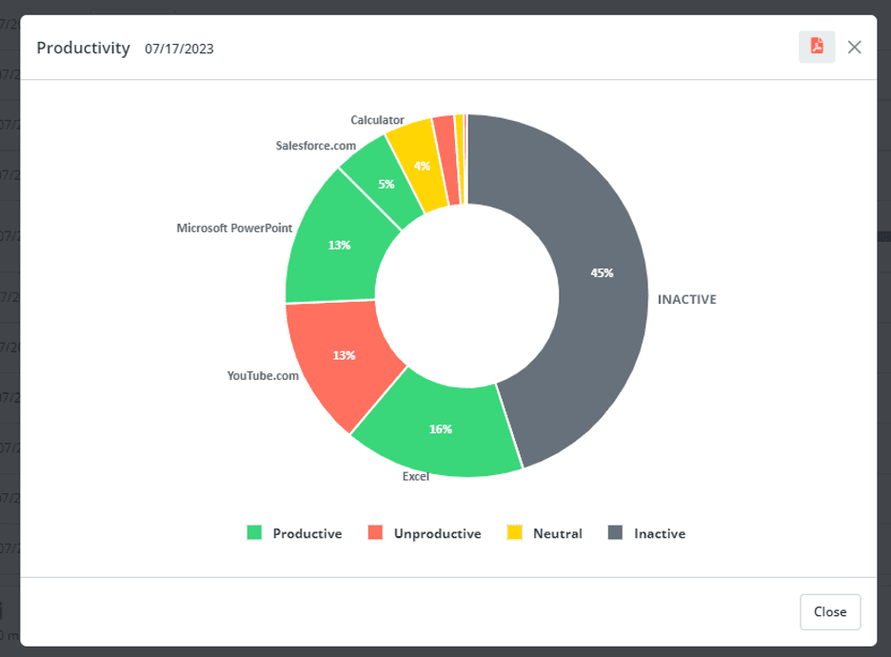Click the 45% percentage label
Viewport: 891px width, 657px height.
coord(602,272)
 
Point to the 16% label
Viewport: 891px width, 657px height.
coord(440,429)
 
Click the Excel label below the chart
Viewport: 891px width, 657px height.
coord(416,476)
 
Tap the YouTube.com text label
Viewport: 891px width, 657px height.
coord(263,376)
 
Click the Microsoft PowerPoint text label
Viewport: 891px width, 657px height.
coord(234,229)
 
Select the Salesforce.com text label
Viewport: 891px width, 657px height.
coord(315,146)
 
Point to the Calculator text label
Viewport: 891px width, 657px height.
coord(377,120)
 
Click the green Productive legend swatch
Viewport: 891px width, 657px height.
coord(254,533)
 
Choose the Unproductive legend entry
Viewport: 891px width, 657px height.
coord(436,533)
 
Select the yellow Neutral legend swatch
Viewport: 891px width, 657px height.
coord(515,533)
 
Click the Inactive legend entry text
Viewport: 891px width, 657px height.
coord(659,533)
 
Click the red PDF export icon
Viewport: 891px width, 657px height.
coord(817,47)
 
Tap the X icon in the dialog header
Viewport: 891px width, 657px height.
coord(855,47)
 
